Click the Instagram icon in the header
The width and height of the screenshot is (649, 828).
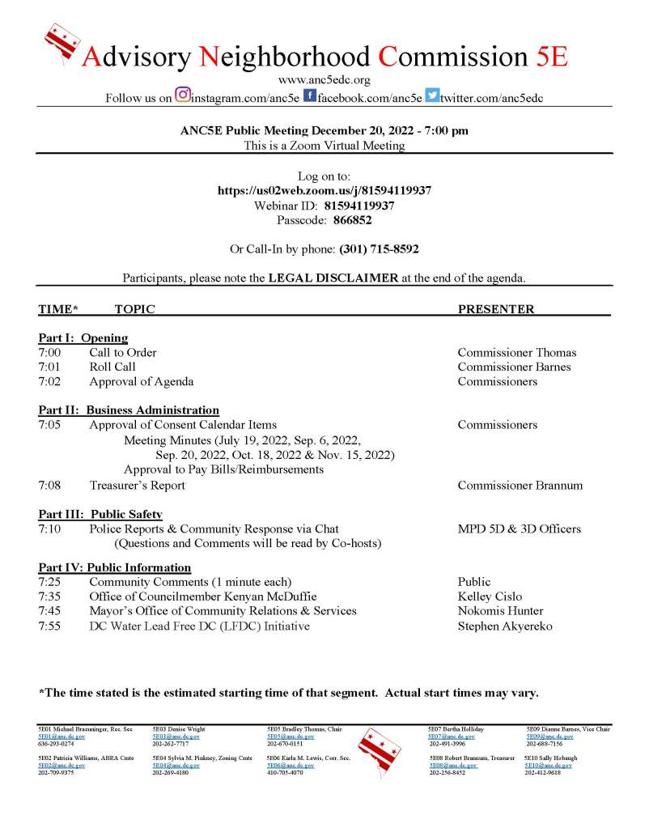tap(182, 96)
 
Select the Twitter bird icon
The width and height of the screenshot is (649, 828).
tap(432, 96)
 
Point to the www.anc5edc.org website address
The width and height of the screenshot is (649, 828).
tap(324, 79)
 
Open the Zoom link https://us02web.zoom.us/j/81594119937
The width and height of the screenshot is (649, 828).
tap(324, 190)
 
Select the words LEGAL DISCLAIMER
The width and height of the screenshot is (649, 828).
tap(333, 278)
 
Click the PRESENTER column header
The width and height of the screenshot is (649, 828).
tap(496, 309)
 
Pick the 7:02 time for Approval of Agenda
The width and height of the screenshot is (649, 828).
tap(49, 381)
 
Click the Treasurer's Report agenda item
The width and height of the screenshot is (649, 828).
tap(137, 486)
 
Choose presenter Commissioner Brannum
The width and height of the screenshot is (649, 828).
tap(520, 486)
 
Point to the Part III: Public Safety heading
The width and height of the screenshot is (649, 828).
tap(100, 514)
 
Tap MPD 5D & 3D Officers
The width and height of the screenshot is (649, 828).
tap(519, 529)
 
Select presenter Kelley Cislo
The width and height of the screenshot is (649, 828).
tap(490, 597)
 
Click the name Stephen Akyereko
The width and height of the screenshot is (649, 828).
tap(505, 626)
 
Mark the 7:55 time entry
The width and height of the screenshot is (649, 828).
tap(49, 626)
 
